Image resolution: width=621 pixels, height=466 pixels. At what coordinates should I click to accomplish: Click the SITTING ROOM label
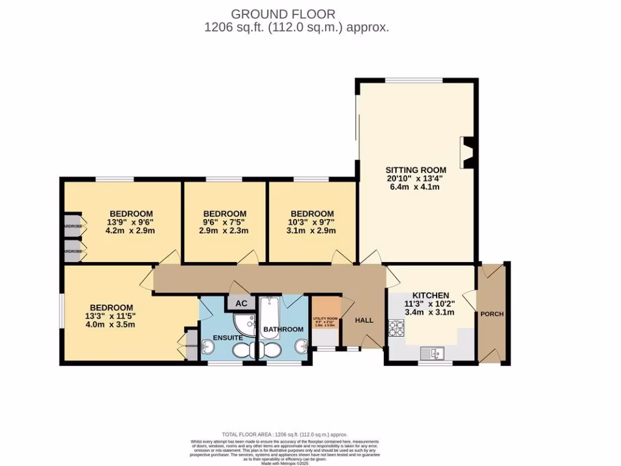pos(416,170)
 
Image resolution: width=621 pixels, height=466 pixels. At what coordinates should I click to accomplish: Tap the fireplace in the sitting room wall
pos(468,152)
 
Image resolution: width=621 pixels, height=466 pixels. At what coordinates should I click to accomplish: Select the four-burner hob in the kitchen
pos(396,328)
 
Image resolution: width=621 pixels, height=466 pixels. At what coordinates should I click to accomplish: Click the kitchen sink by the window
pos(435,351)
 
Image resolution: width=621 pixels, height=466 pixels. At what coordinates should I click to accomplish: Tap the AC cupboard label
pos(241,303)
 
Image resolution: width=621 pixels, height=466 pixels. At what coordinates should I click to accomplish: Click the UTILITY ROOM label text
pos(324,319)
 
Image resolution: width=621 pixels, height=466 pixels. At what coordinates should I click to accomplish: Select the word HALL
pos(364,320)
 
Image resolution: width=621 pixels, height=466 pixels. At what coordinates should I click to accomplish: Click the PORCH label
pos(492,314)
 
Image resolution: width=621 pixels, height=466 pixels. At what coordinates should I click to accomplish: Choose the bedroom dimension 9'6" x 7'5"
pos(224,223)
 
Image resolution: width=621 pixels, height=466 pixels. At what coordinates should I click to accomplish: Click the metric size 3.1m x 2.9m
pos(312,231)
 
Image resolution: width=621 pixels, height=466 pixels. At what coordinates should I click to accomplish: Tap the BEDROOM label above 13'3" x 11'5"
pos(111,307)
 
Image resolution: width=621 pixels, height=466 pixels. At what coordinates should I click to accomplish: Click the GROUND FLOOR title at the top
pos(283,13)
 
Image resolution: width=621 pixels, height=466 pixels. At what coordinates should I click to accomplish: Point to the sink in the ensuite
pos(207,346)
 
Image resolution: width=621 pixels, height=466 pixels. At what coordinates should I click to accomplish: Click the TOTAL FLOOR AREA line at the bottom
pos(285,434)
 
